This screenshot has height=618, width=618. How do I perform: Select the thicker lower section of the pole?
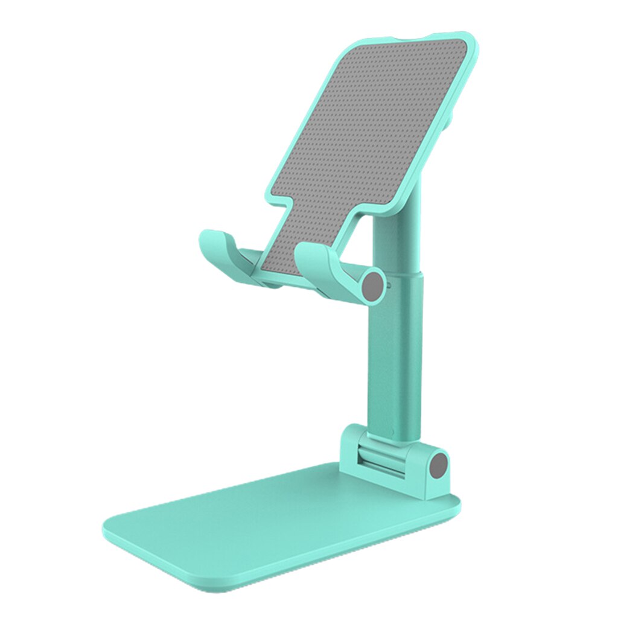coord(395,356)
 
